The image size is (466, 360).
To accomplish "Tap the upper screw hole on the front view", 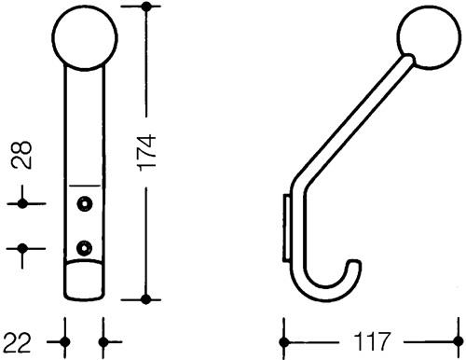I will pos(86,202).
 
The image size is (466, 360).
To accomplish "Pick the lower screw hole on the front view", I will pos(86,247).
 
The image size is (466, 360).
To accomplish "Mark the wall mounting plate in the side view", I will pos(286,225).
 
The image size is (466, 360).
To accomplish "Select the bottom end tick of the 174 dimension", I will pos(146,298).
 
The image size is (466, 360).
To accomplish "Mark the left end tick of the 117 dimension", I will pos(284,333).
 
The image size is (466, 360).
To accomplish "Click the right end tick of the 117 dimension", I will pos(455,333).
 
